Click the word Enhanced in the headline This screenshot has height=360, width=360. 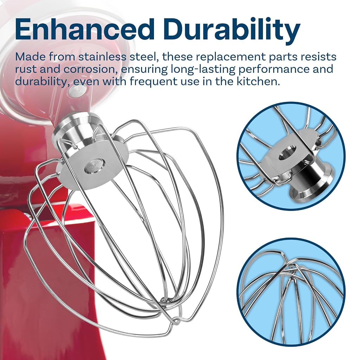coord(84,30)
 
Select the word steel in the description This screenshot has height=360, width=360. coord(144,57)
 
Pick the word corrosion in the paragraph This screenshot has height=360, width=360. coord(90,70)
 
